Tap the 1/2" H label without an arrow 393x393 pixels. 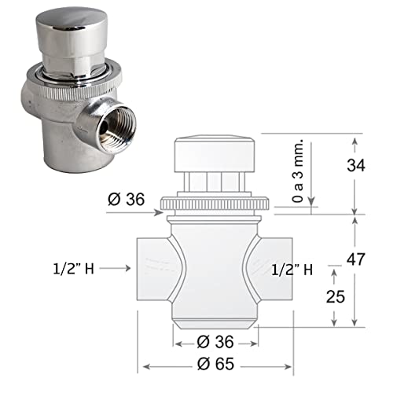point(293,269)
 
